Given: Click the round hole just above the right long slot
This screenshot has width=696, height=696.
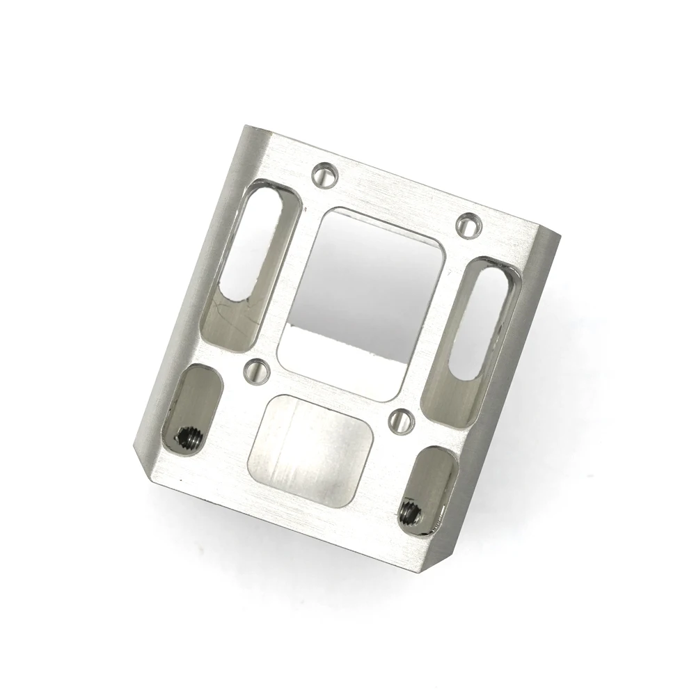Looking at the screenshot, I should pos(470,224).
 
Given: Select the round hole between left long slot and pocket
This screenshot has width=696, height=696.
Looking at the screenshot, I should pos(258,370).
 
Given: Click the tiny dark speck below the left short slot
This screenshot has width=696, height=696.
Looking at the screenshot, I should pos(182,480).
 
